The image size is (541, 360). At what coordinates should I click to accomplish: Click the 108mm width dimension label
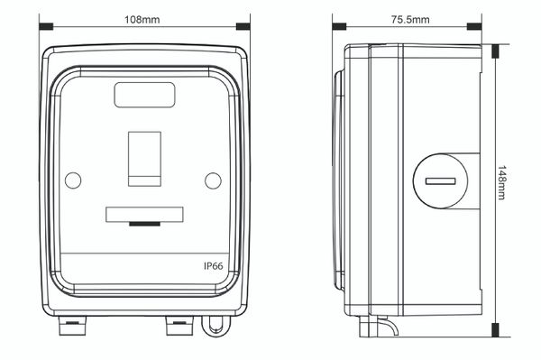[x=142, y=20]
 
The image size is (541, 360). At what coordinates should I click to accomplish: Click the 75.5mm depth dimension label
[x=410, y=20]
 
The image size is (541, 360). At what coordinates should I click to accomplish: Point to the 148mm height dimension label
[x=501, y=182]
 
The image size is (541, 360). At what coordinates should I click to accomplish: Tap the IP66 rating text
[x=213, y=266]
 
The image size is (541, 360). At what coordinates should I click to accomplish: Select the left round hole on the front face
[x=73, y=180]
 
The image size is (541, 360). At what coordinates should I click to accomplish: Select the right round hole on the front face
[x=213, y=180]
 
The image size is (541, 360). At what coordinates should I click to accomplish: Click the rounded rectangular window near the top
[x=144, y=95]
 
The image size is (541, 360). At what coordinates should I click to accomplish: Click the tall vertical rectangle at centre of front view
[x=144, y=159]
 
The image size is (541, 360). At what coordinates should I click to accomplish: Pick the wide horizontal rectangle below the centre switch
[x=144, y=215]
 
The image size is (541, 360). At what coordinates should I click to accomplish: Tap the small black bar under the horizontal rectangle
[x=144, y=224]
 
